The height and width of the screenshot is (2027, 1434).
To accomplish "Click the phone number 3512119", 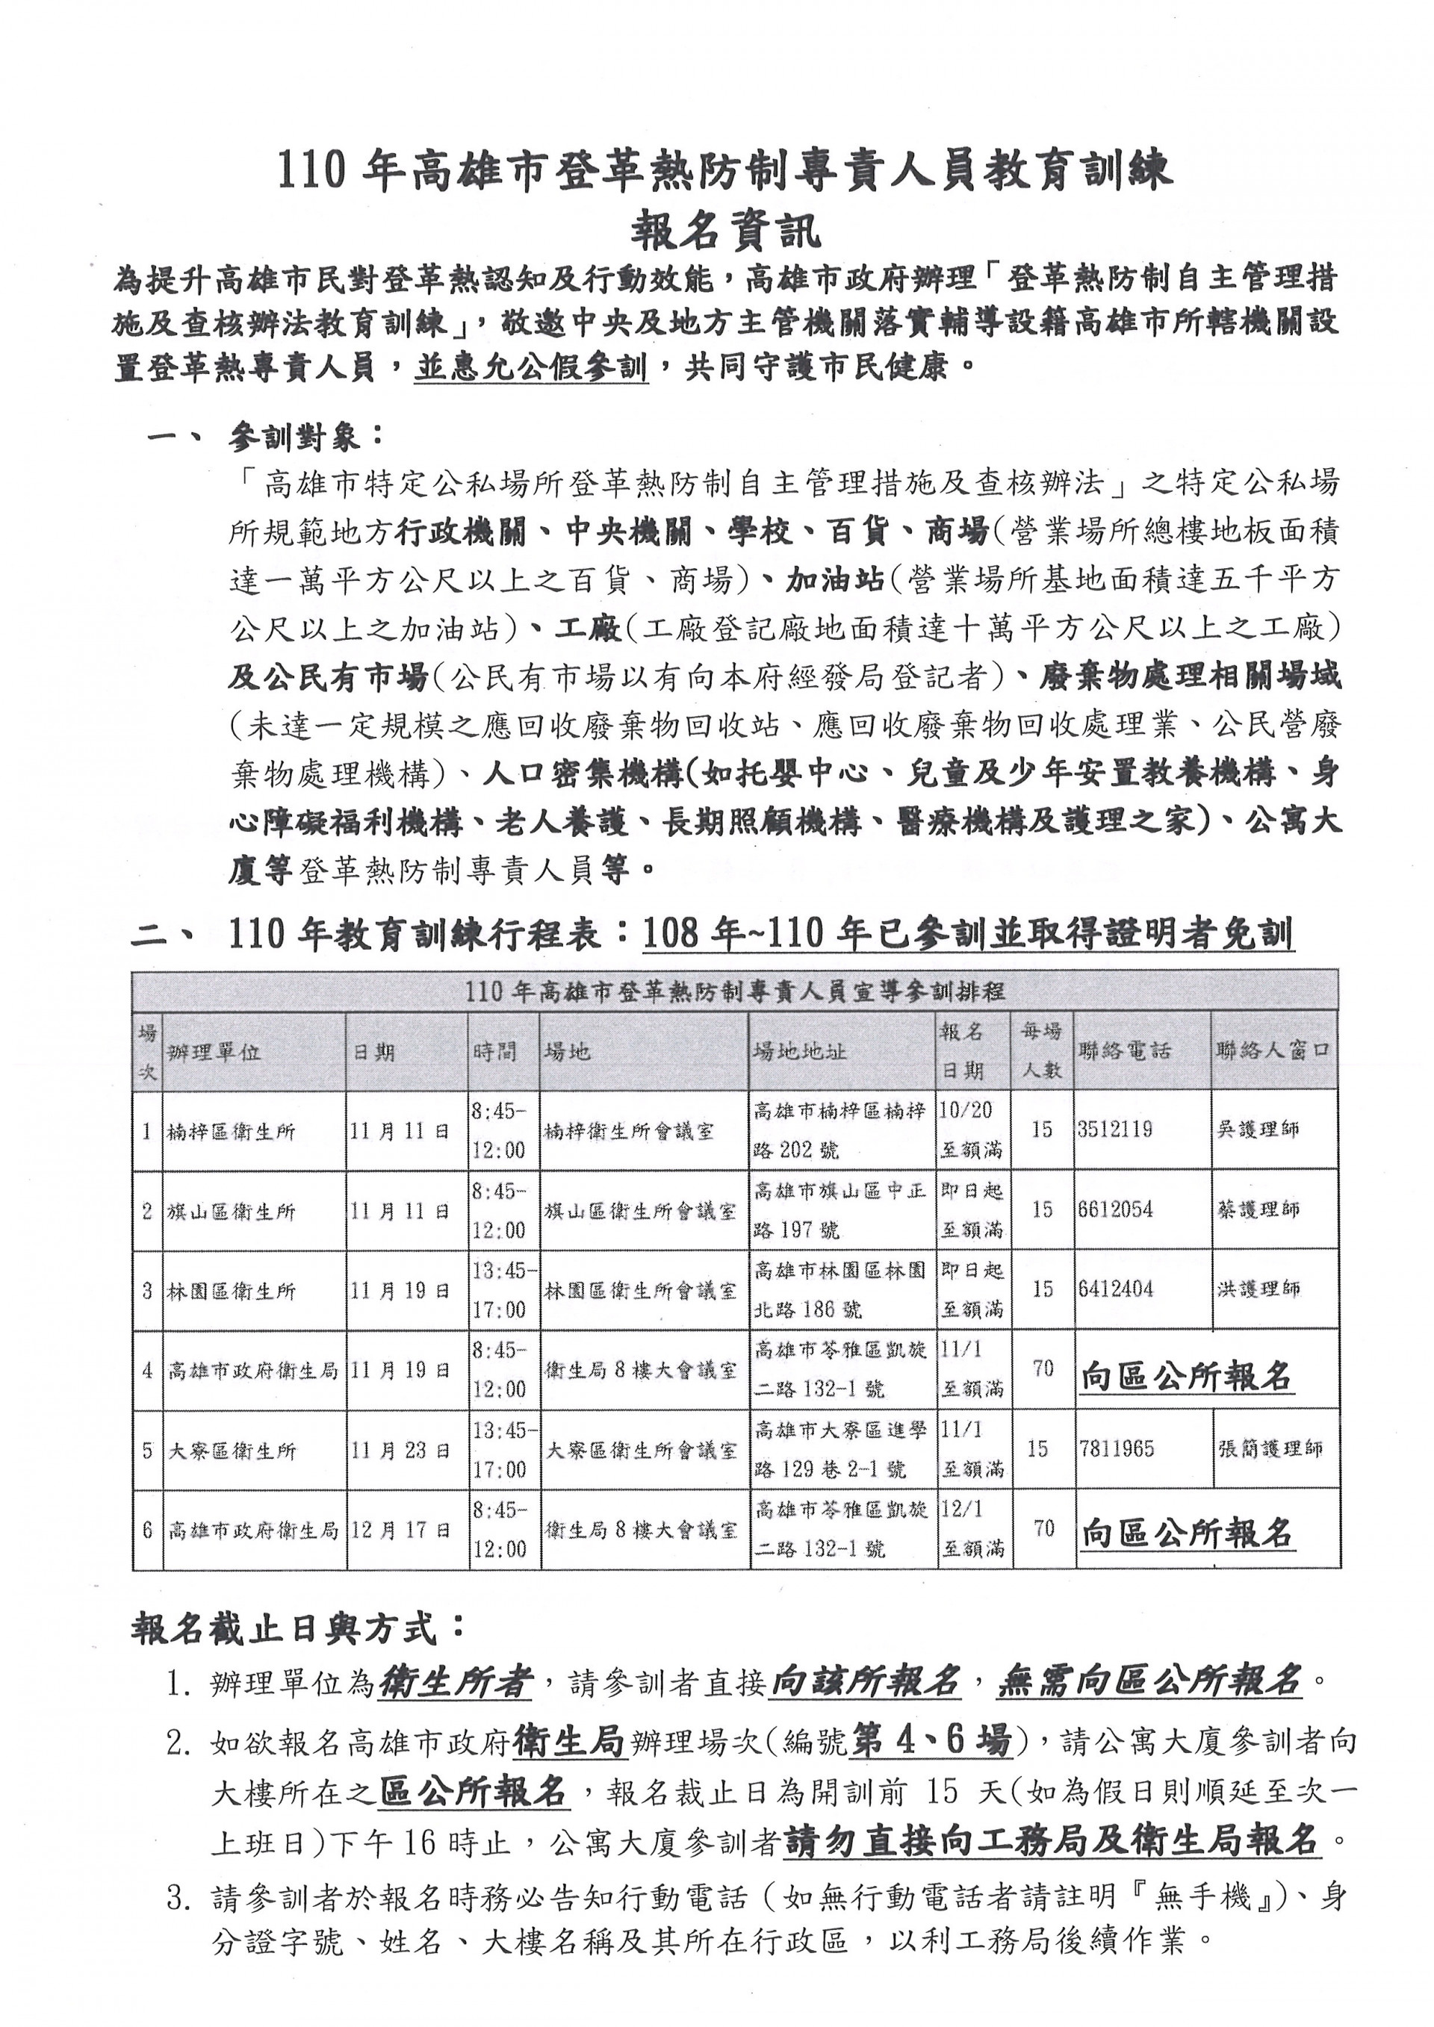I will point(1114,1129).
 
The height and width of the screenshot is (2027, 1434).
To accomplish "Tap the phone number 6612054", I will point(1114,1209).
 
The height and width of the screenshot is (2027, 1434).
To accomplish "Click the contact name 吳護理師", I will point(1258,1129).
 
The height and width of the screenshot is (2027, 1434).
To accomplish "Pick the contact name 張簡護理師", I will point(1270,1448).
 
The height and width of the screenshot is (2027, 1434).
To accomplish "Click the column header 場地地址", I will point(800,1050).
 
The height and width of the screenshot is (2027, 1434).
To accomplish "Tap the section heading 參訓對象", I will point(305,435).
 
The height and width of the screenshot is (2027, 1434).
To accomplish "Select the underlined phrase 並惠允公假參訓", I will point(531,367).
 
